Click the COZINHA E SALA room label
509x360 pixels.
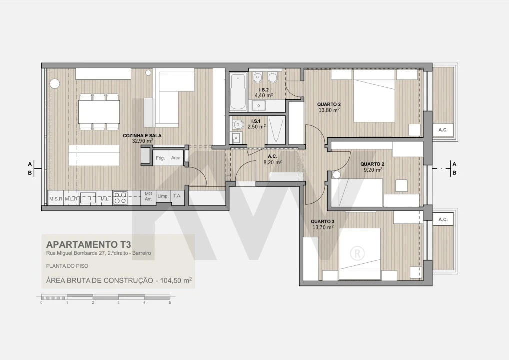(142, 135)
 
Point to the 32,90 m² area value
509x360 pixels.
(142, 141)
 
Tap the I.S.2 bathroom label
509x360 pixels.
(263, 90)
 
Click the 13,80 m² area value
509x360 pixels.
(328, 110)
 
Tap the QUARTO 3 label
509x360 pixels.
(322, 221)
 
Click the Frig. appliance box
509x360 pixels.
(160, 158)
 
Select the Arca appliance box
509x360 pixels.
(176, 158)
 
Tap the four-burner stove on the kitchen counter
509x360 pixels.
(120, 198)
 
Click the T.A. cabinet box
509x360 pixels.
(177, 196)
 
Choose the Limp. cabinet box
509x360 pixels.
(163, 196)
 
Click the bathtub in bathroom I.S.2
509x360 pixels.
(238, 92)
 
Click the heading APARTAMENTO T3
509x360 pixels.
(88, 245)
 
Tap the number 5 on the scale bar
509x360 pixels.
(170, 303)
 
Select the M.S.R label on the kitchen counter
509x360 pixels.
(55, 199)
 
